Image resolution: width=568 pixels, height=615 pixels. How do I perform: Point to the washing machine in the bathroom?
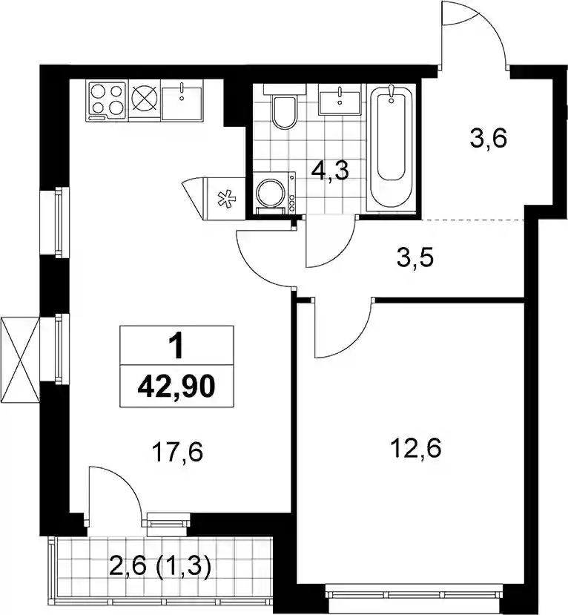pos(275,193)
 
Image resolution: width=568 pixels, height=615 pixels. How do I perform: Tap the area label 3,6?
pos(489,139)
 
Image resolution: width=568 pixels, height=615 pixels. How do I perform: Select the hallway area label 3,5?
pos(415,258)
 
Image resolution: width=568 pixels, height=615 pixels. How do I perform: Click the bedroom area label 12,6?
pos(416,448)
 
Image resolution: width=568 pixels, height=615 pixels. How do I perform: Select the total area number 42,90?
pos(176,386)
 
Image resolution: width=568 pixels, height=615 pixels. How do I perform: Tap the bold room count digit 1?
pos(176,346)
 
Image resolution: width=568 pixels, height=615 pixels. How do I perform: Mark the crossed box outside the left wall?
pos(20,360)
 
